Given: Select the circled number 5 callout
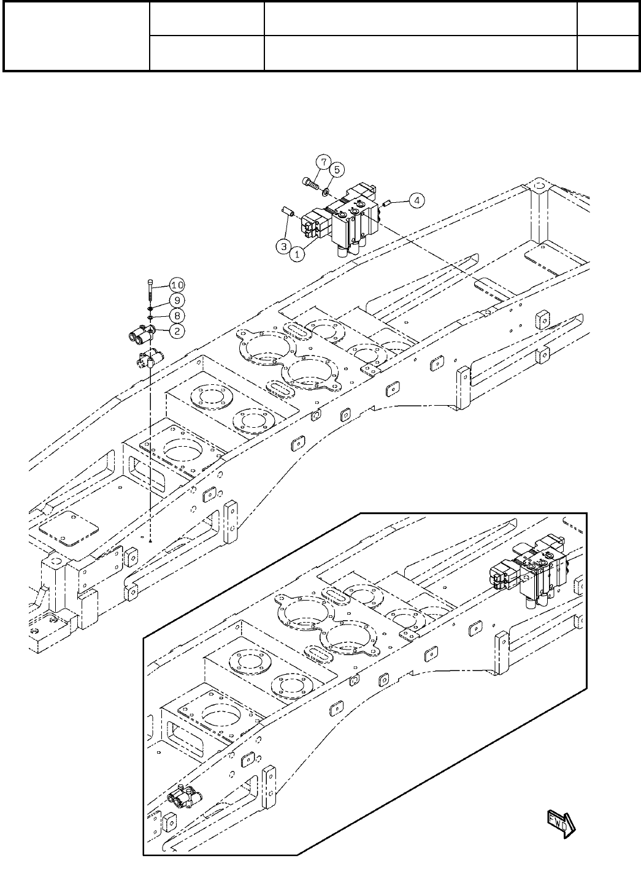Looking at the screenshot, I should tap(336, 169).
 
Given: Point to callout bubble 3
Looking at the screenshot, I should tap(283, 246).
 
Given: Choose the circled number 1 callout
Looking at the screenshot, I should tap(297, 254).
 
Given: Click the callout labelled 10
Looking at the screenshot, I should tap(177, 285).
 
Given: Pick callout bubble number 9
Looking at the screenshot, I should tap(177, 300).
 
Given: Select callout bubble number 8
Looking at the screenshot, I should tap(177, 316).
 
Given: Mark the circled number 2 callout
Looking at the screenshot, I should tap(177, 332).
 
